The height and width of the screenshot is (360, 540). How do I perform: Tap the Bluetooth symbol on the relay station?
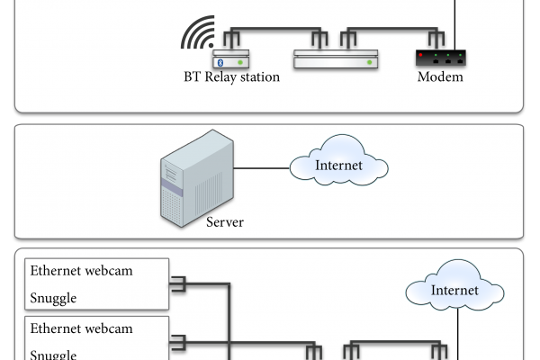coord(218,62)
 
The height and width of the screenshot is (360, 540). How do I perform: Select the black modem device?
coord(440,58)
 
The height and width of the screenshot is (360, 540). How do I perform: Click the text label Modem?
coord(440,77)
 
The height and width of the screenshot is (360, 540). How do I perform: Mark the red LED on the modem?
coord(421,54)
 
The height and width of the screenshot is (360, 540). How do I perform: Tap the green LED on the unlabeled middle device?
coord(368,62)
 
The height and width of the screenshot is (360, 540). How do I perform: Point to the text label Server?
coord(225,221)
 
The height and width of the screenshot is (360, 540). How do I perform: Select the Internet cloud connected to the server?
coord(338,166)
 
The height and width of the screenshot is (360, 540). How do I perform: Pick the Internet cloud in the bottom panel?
coord(454,290)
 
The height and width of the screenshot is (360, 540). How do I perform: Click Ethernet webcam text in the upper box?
coord(82,271)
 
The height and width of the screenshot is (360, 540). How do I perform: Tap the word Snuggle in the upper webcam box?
coord(54,298)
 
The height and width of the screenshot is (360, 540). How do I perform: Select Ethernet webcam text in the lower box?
coord(82,328)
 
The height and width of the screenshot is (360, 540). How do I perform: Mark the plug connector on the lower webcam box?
coord(177,341)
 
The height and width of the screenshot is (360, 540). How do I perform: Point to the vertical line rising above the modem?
coord(458,18)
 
